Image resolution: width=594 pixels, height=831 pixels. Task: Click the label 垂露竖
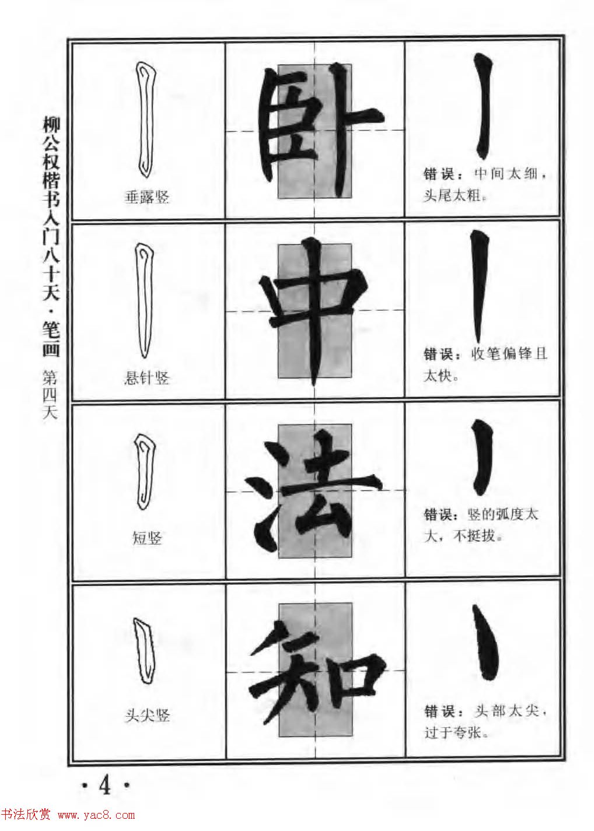[147, 198]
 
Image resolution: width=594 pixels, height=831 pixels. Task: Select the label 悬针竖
[147, 378]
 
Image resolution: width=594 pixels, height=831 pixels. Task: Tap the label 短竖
[147, 538]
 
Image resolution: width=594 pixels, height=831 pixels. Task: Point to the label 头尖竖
[147, 716]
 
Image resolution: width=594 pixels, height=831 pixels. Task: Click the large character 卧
[315, 131]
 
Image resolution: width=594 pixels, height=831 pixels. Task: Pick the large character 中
[315, 312]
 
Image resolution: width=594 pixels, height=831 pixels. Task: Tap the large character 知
[315, 671]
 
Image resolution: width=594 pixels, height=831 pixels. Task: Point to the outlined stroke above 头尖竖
[143, 650]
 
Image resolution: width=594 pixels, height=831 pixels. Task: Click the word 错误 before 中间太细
[438, 175]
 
